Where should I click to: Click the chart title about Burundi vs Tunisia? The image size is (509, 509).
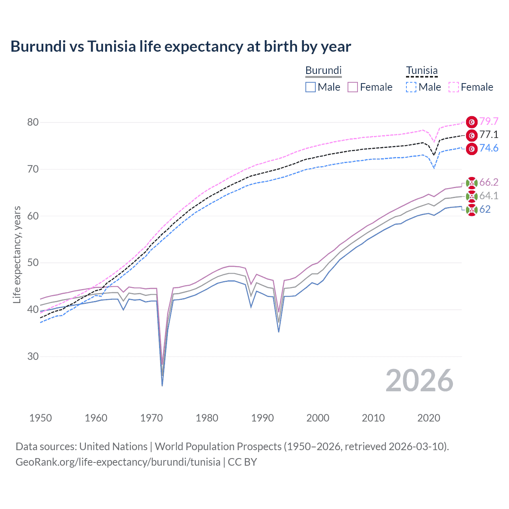pyautogui.click(x=181, y=47)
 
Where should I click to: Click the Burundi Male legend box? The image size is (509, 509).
pyautogui.click(x=311, y=87)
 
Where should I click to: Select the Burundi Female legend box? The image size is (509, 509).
pyautogui.click(x=353, y=87)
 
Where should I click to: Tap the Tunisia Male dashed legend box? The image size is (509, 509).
pyautogui.click(x=411, y=87)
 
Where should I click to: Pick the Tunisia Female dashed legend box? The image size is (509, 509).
pyautogui.click(x=454, y=87)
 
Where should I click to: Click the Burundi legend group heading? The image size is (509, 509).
pyautogui.click(x=323, y=70)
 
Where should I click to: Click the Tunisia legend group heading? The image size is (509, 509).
pyautogui.click(x=422, y=70)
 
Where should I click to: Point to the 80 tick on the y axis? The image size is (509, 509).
pyautogui.click(x=33, y=122)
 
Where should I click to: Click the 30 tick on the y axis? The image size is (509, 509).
pyautogui.click(x=33, y=356)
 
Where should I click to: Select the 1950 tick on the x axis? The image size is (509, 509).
pyautogui.click(x=41, y=418)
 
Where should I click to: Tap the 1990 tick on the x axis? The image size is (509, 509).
pyautogui.click(x=262, y=418)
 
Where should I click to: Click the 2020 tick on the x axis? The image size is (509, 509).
pyautogui.click(x=429, y=418)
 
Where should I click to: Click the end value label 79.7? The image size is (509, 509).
pyautogui.click(x=489, y=121)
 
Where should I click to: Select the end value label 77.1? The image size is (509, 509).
pyautogui.click(x=489, y=135)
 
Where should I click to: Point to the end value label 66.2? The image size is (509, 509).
pyautogui.click(x=489, y=182)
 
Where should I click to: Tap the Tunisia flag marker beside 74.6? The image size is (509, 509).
pyautogui.click(x=472, y=149)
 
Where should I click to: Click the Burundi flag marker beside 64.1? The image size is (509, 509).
pyautogui.click(x=472, y=196)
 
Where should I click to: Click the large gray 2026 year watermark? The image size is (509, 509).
pyautogui.click(x=419, y=381)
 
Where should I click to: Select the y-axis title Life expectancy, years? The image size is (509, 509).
pyautogui.click(x=17, y=254)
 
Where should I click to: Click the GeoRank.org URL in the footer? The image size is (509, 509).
pyautogui.click(x=118, y=462)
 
